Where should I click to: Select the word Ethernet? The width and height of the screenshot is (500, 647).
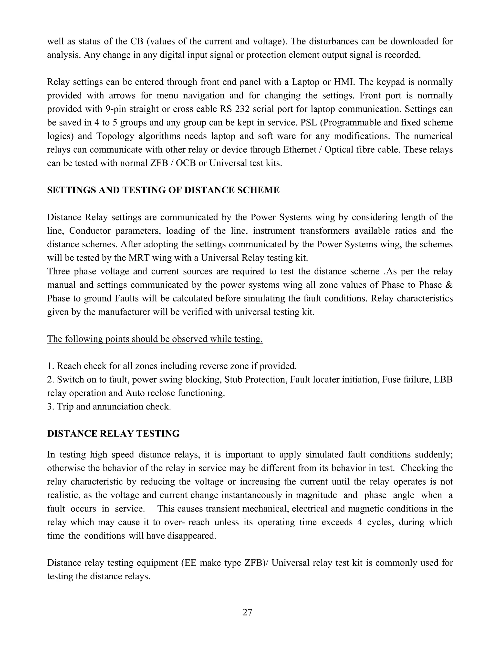point(300,150)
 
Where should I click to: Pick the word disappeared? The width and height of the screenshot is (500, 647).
point(192,536)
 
